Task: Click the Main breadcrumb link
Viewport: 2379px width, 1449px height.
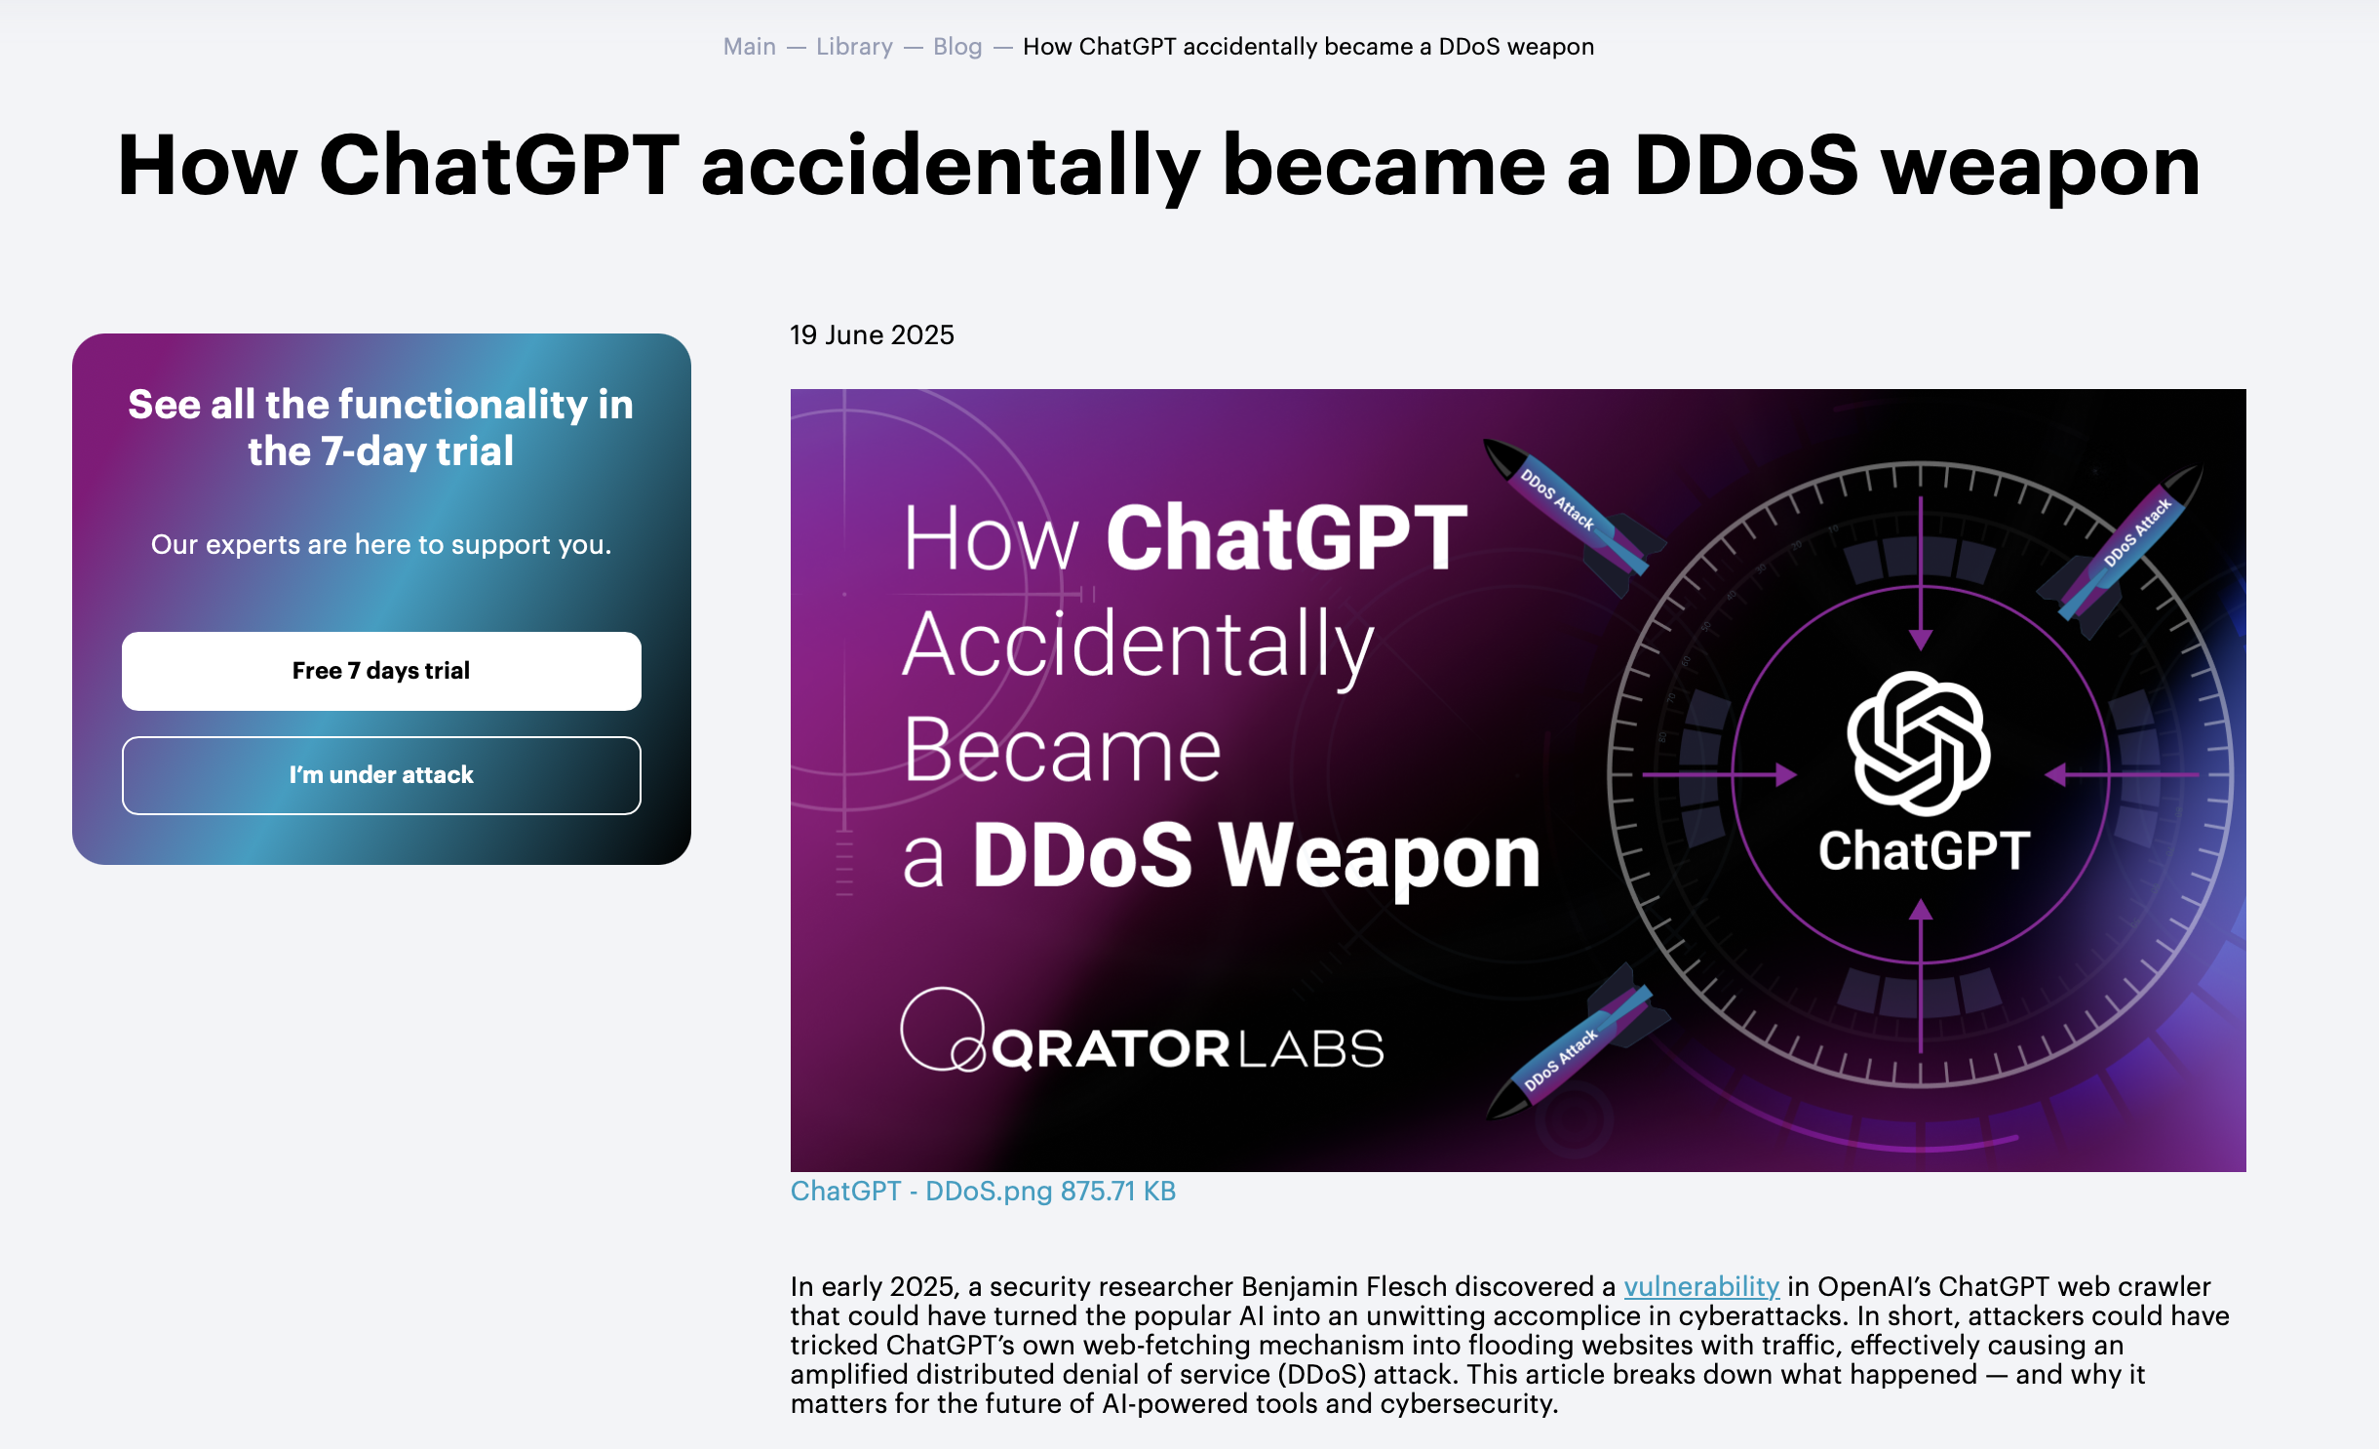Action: click(749, 47)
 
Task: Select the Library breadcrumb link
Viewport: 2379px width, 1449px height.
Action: click(854, 47)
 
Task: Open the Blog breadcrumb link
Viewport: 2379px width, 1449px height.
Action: click(956, 47)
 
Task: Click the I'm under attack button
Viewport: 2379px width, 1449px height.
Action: click(381, 775)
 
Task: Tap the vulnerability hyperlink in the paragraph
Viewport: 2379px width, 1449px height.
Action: click(1701, 1286)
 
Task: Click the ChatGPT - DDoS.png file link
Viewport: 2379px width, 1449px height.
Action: click(983, 1191)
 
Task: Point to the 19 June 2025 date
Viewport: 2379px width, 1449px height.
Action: click(872, 334)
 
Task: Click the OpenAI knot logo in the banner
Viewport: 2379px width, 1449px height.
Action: click(1918, 743)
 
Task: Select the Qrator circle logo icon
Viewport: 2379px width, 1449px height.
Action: click(942, 1030)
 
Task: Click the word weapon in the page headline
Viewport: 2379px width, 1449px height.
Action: click(2040, 166)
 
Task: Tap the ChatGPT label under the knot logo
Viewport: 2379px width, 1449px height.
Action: click(1924, 850)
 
